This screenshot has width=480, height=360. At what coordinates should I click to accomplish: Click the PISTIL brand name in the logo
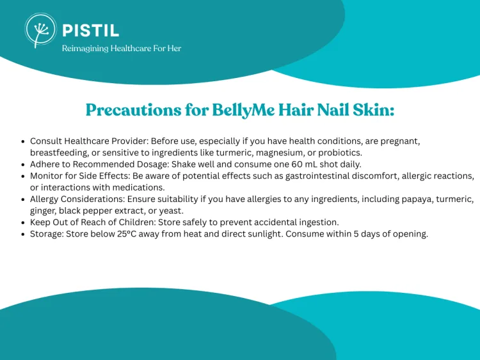(x=91, y=31)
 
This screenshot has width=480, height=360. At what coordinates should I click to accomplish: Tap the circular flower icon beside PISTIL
(x=41, y=30)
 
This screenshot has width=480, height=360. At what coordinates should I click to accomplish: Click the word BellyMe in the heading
(x=243, y=110)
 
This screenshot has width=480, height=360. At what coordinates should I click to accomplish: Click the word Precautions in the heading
(x=134, y=110)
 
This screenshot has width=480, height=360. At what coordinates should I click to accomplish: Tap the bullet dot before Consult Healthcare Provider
(x=23, y=141)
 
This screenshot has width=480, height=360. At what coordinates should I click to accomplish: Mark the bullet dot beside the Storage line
(x=23, y=235)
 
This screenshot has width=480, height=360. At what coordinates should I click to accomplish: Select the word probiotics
(x=340, y=153)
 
